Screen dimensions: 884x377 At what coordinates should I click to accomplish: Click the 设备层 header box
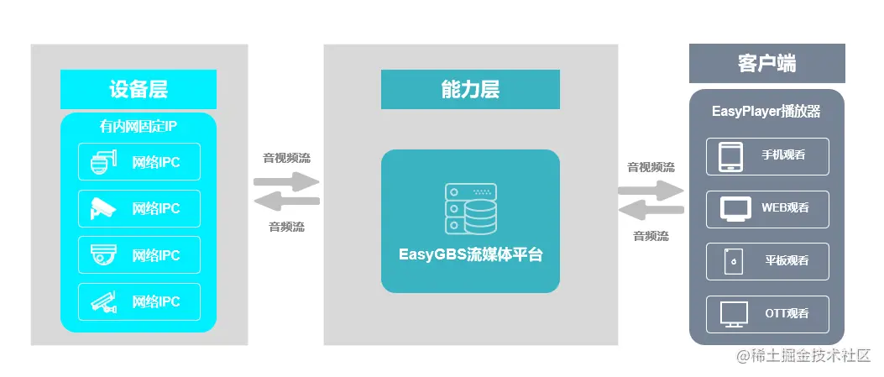pos(139,89)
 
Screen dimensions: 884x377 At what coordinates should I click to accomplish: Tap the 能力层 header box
pos(470,89)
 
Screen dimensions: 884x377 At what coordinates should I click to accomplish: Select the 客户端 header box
pos(766,64)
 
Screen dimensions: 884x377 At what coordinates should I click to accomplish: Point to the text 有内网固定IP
pos(139,128)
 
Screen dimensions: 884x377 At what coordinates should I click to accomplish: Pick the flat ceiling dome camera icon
pos(102,254)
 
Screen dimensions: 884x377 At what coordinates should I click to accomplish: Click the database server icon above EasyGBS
pos(470,209)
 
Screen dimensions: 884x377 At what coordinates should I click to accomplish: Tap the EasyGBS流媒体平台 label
pos(470,254)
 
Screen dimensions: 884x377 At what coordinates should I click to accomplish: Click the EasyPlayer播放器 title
pos(766,111)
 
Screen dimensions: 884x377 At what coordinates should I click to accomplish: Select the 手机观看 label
pos(785,156)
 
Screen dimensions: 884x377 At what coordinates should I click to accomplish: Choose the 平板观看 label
pos(785,261)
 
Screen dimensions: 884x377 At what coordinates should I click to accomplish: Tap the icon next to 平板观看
pos(733,261)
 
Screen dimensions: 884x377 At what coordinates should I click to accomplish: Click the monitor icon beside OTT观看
pos(733,314)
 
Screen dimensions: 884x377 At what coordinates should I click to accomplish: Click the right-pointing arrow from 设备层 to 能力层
pos(286,181)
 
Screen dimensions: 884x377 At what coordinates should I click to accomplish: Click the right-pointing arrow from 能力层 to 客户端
pos(651,190)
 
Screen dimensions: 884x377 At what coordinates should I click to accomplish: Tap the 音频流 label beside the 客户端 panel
pos(651,236)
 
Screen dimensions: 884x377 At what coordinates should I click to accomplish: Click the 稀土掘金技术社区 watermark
pos(804,357)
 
